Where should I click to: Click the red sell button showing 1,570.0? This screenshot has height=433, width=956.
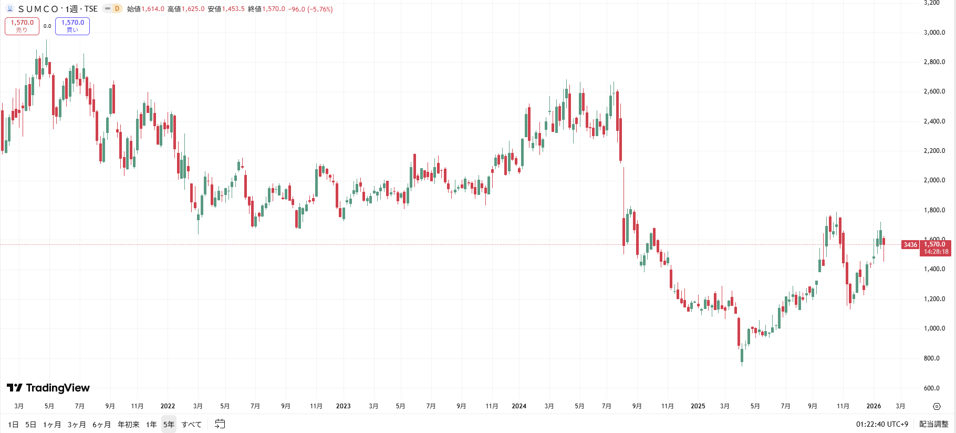point(22,26)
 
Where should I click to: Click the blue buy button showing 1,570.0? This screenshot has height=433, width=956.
point(72,26)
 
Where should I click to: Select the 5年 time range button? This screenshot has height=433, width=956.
point(169,425)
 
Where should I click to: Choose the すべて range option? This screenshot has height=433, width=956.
point(192,425)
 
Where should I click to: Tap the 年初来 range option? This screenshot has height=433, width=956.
point(129,425)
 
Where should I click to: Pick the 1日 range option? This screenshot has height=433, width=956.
point(14,425)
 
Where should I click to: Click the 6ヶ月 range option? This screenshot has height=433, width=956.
point(102,425)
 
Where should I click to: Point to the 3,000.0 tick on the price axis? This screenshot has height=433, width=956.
point(934,33)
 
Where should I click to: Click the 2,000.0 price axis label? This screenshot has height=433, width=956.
point(934,180)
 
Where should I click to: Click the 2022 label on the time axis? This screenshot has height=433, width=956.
point(168,406)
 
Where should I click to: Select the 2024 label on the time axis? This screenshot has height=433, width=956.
point(519,406)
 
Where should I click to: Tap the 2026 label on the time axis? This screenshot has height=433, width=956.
point(874,406)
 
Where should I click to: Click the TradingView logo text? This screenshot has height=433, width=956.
point(48,388)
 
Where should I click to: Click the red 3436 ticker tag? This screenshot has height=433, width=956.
point(910,245)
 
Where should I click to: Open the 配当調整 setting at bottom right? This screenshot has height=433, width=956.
point(934,425)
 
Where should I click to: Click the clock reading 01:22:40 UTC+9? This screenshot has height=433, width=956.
point(882,425)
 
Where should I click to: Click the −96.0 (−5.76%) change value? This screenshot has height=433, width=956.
point(310,9)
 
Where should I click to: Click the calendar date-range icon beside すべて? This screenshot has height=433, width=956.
point(220,424)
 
